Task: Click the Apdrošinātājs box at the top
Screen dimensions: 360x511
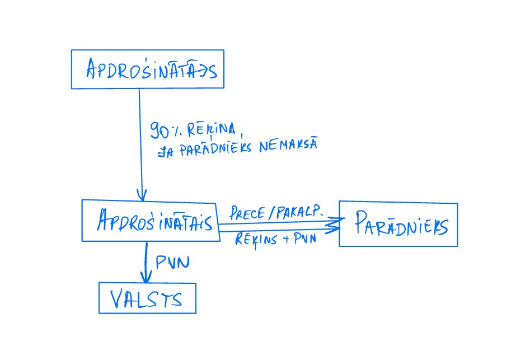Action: click(x=147, y=69)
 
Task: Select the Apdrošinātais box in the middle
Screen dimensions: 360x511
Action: click(x=150, y=221)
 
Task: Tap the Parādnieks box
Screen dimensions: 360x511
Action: click(x=398, y=225)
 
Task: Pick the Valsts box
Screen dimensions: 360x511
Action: click(x=147, y=298)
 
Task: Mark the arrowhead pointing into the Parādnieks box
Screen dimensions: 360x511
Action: click(x=334, y=225)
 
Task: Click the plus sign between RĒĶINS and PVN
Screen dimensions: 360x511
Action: click(x=285, y=239)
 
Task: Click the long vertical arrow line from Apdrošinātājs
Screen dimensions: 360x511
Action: click(x=140, y=140)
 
